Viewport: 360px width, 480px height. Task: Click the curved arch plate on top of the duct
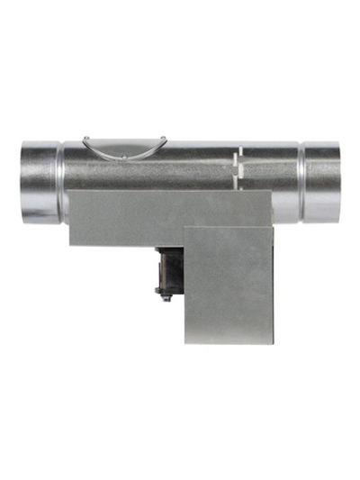pos(123,148)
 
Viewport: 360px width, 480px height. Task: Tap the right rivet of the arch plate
pos(163,139)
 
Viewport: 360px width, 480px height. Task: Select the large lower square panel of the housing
pos(229,284)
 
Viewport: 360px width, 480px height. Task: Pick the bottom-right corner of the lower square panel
pos(273,342)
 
